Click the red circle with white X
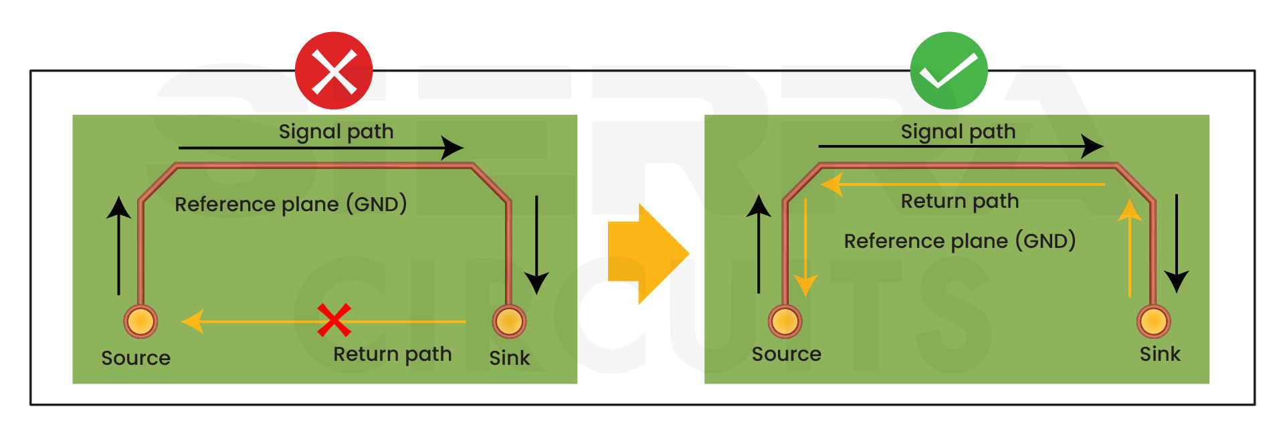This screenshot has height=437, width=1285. [334, 71]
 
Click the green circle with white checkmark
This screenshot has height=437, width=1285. [949, 71]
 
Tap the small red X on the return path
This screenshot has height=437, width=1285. [334, 320]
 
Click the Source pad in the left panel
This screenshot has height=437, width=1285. [140, 321]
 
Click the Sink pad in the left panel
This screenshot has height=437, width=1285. [509, 321]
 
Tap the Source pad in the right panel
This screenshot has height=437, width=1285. [785, 321]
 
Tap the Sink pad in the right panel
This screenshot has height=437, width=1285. [1153, 321]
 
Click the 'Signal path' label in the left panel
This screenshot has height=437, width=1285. [336, 132]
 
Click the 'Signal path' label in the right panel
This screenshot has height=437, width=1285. [958, 132]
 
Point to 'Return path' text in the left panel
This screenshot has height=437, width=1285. [392, 354]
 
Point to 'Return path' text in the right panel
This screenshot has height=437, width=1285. [959, 201]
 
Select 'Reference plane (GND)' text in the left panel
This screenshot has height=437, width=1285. [290, 204]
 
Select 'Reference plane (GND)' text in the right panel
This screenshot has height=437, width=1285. [959, 241]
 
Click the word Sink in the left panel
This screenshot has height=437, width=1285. [509, 358]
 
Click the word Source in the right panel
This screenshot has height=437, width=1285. [786, 354]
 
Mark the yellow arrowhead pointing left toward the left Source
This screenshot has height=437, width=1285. [193, 321]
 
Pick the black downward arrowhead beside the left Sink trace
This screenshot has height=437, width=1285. [536, 283]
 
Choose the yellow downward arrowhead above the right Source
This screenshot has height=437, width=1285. [805, 285]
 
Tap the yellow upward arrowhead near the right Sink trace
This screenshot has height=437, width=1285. [1130, 210]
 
